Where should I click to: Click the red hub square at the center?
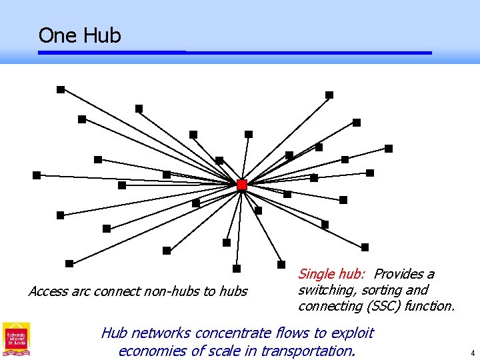pyautogui.click(x=242, y=185)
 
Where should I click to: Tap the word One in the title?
pyautogui.click(x=57, y=35)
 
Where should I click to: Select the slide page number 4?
pyautogui.click(x=472, y=353)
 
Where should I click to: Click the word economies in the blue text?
pyautogui.click(x=153, y=351)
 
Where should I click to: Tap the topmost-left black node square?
pyautogui.click(x=61, y=89)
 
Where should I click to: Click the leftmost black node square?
pyautogui.click(x=37, y=175)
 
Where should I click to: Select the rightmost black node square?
pyautogui.click(x=389, y=149)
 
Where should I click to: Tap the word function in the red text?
pyautogui.click(x=428, y=306)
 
